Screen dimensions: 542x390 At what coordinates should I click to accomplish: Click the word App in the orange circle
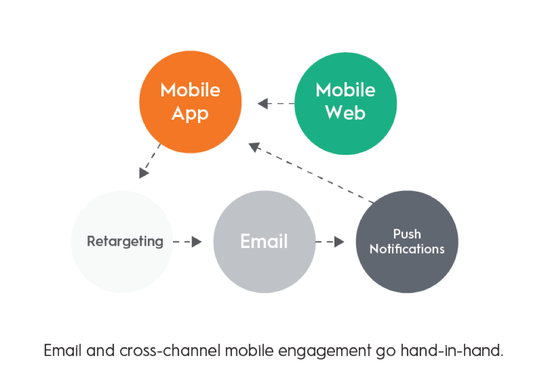coord(190,114)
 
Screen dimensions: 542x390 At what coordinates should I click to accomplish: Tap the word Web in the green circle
coord(346,113)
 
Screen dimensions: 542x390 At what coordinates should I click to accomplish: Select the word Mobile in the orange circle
coord(190,90)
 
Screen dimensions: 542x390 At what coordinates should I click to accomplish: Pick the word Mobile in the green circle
coord(346,90)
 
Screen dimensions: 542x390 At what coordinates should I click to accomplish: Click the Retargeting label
coord(125,242)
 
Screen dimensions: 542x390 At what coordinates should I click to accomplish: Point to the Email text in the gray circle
coord(264,241)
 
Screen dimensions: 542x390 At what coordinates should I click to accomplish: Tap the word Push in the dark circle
coord(407,234)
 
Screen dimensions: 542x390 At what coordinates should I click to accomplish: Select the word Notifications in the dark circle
coord(407,249)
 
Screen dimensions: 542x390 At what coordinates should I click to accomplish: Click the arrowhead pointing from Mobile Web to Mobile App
coord(263,104)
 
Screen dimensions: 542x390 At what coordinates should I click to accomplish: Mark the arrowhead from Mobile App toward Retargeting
coord(144,173)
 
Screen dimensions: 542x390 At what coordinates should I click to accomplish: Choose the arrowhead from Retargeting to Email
coord(196,242)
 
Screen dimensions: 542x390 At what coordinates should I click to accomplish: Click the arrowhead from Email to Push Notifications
coord(339,242)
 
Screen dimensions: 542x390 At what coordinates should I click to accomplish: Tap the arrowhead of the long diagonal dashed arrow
coord(254,147)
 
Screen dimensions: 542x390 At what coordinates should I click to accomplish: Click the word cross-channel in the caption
coord(170,350)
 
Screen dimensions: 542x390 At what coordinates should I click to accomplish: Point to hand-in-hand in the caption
coord(452,350)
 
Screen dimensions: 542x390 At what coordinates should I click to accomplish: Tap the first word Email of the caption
coord(63,350)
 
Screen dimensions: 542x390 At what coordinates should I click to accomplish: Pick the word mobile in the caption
coord(249,350)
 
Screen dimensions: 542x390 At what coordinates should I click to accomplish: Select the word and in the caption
coord(100,350)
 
